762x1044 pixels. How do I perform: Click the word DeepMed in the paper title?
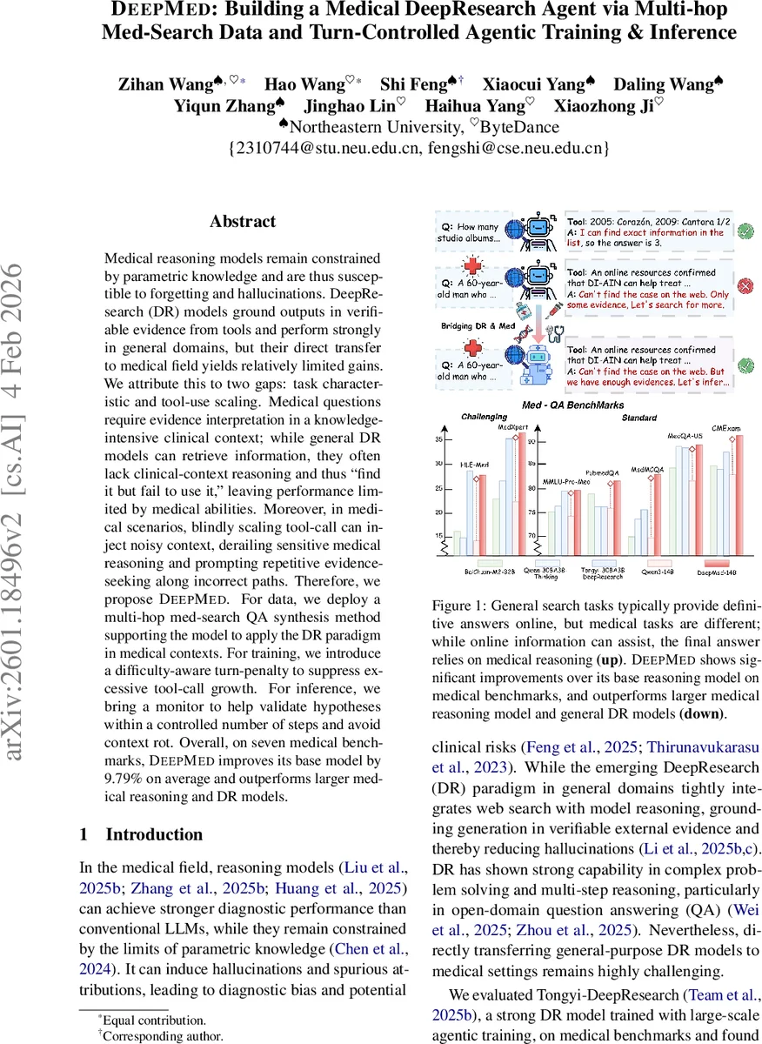coord(157,11)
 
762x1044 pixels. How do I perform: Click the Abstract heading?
coord(243,221)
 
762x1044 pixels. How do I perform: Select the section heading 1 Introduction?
coord(141,834)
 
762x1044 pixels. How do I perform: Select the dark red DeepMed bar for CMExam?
coord(739,496)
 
